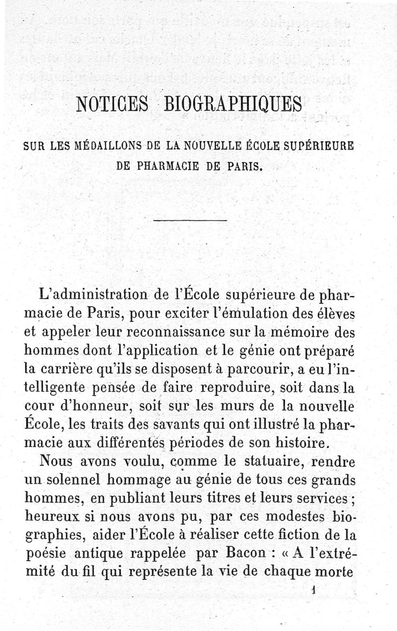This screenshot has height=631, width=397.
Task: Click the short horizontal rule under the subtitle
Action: click(x=190, y=220)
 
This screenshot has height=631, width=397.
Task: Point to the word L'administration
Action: click(x=93, y=296)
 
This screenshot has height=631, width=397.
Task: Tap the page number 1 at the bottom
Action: click(x=313, y=590)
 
